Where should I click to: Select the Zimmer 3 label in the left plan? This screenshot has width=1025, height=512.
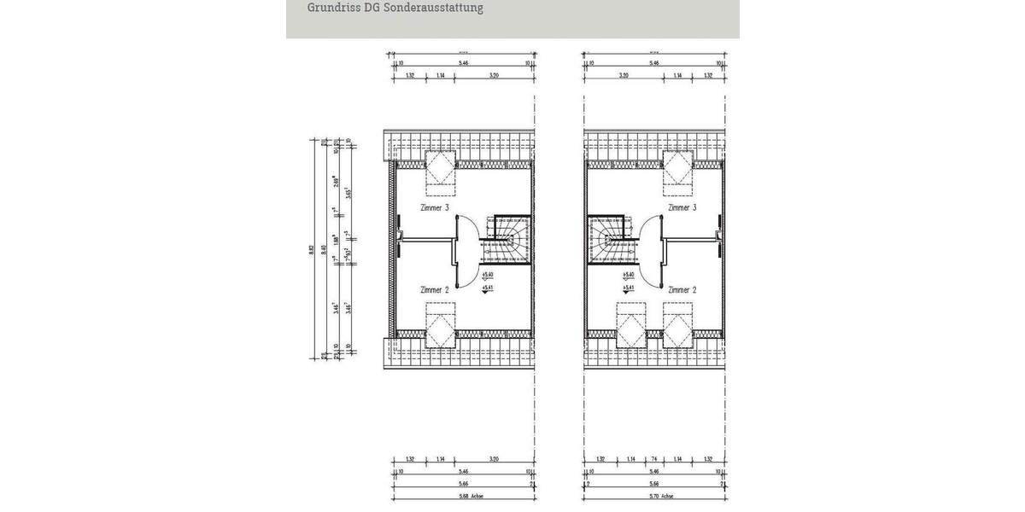click(x=435, y=207)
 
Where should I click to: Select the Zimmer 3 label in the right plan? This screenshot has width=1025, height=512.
click(x=682, y=207)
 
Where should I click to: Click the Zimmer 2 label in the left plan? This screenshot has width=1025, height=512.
click(x=435, y=290)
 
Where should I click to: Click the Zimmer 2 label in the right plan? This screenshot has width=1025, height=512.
click(x=682, y=290)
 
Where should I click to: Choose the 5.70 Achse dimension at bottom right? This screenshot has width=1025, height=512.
click(x=661, y=496)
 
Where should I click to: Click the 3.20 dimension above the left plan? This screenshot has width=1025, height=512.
click(x=494, y=75)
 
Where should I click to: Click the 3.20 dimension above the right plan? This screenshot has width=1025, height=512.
click(x=624, y=75)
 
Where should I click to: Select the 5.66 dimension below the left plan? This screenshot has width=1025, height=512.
click(x=463, y=483)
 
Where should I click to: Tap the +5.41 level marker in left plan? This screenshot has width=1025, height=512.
click(x=487, y=288)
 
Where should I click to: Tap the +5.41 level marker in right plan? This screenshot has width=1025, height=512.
click(x=629, y=288)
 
